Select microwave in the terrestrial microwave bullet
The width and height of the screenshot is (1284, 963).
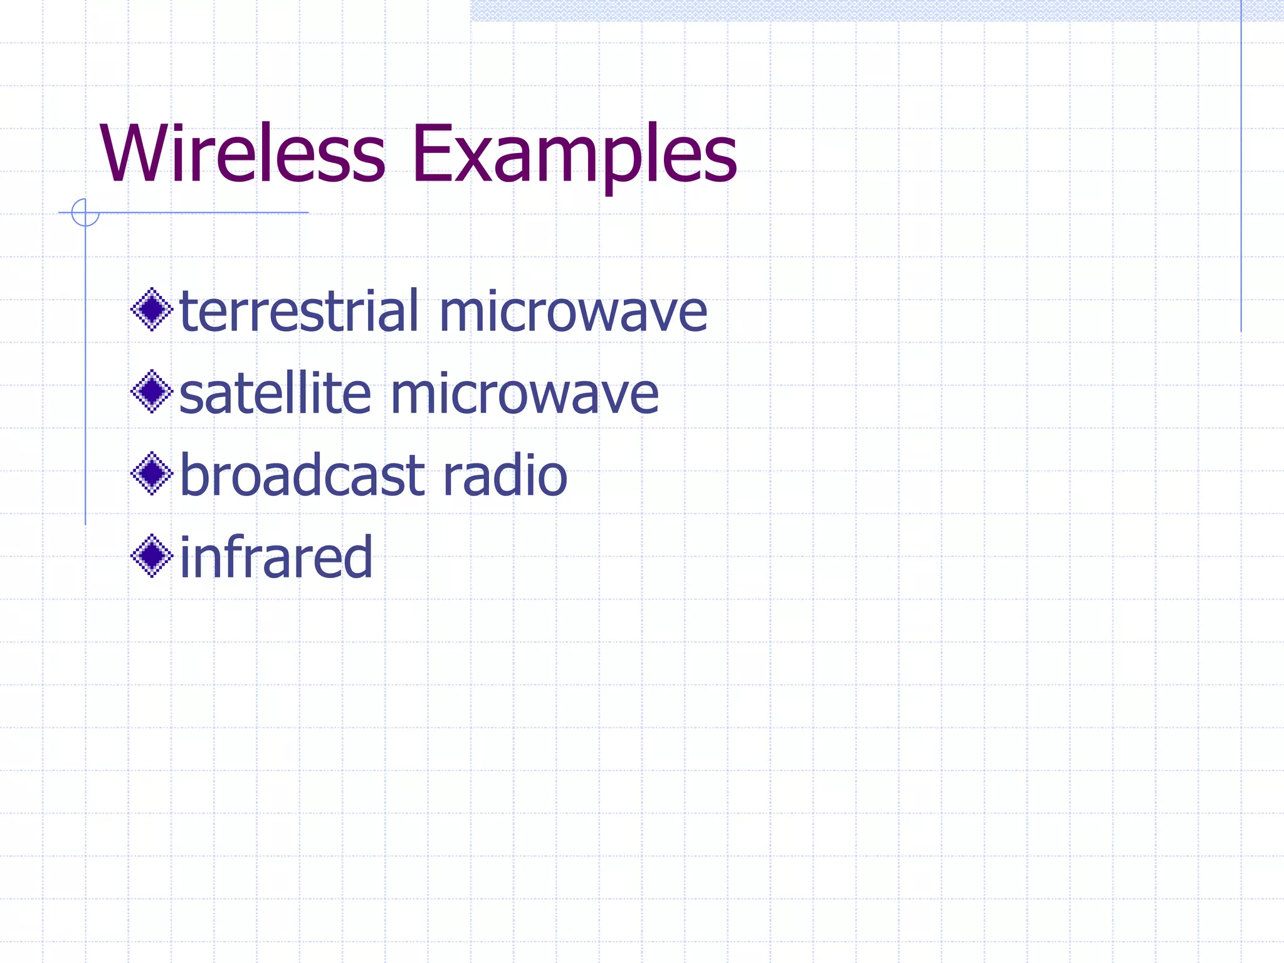573,312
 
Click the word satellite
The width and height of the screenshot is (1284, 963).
275,394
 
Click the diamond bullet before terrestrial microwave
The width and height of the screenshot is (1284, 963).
152,309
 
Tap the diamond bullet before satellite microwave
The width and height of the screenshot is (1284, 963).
152,392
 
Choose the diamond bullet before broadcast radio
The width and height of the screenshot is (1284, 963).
152,473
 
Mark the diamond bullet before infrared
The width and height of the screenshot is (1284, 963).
152,556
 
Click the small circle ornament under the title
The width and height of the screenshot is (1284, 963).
85,212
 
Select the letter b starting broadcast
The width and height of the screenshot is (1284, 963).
194,475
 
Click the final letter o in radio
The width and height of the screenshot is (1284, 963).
552,480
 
